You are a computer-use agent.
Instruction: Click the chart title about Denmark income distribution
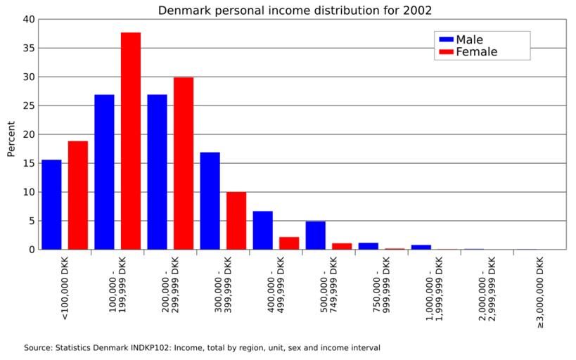pos(295,11)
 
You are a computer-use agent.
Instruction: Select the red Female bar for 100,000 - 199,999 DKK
pos(131,141)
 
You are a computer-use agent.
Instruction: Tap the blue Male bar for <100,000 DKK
pos(51,204)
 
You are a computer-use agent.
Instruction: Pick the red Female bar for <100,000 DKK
pos(78,195)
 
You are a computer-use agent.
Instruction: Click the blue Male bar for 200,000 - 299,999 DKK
pos(157,172)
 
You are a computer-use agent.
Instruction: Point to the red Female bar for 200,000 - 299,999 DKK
pos(184,163)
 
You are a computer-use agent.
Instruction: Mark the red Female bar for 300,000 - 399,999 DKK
pos(236,220)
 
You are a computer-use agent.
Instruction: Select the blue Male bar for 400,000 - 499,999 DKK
pos(262,230)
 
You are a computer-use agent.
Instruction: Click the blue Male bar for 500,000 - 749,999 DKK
pos(315,235)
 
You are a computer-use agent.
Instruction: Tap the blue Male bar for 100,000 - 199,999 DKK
pos(104,172)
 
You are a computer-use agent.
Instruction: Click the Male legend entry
pos(469,39)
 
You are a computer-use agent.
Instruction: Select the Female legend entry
pos(476,52)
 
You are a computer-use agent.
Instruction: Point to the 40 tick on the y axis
pos(28,20)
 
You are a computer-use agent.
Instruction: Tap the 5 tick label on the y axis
pos(31,221)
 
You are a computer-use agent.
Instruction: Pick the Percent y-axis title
pos(11,139)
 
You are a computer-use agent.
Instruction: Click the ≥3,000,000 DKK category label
pos(540,292)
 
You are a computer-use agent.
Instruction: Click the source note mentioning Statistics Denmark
pos(202,347)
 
